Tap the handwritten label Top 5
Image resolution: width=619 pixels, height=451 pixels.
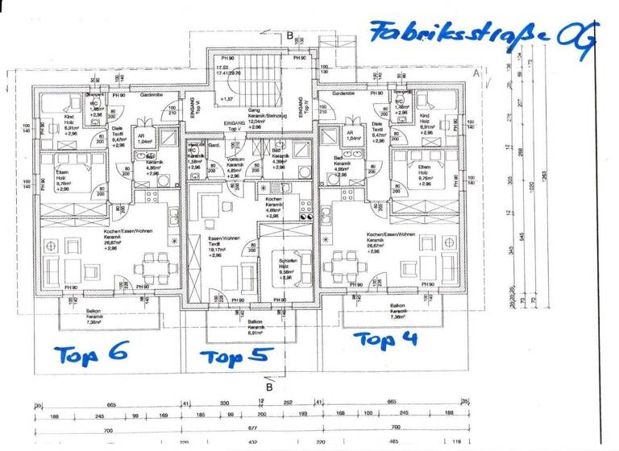pos(236,355)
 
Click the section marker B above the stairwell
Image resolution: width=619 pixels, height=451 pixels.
pos(289,35)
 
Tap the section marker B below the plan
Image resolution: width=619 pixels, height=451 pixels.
pos(269,386)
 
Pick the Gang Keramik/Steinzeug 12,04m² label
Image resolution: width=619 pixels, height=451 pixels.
pos(251,118)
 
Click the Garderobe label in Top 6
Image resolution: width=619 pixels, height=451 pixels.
pos(152,94)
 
